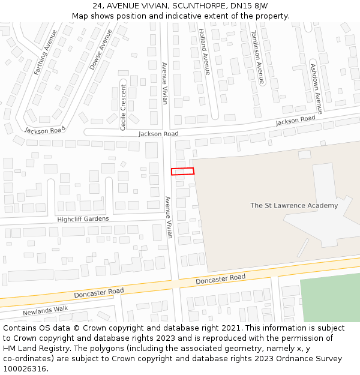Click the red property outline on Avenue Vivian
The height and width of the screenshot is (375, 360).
(182, 171)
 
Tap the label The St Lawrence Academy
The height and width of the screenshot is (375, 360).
(294, 205)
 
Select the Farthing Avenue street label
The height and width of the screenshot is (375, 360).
(46, 52)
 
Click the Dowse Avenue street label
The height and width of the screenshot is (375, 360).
(101, 49)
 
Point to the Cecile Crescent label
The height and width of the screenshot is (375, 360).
(123, 107)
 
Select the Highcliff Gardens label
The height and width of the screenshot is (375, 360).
(83, 219)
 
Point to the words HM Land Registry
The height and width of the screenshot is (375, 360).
(41, 348)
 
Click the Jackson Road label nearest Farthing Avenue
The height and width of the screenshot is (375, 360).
(45, 130)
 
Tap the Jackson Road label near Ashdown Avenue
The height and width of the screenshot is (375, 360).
(295, 120)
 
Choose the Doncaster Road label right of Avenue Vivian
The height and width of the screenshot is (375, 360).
(220, 279)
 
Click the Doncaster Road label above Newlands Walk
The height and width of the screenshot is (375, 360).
(98, 292)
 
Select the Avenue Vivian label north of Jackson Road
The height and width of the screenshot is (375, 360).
(164, 83)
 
